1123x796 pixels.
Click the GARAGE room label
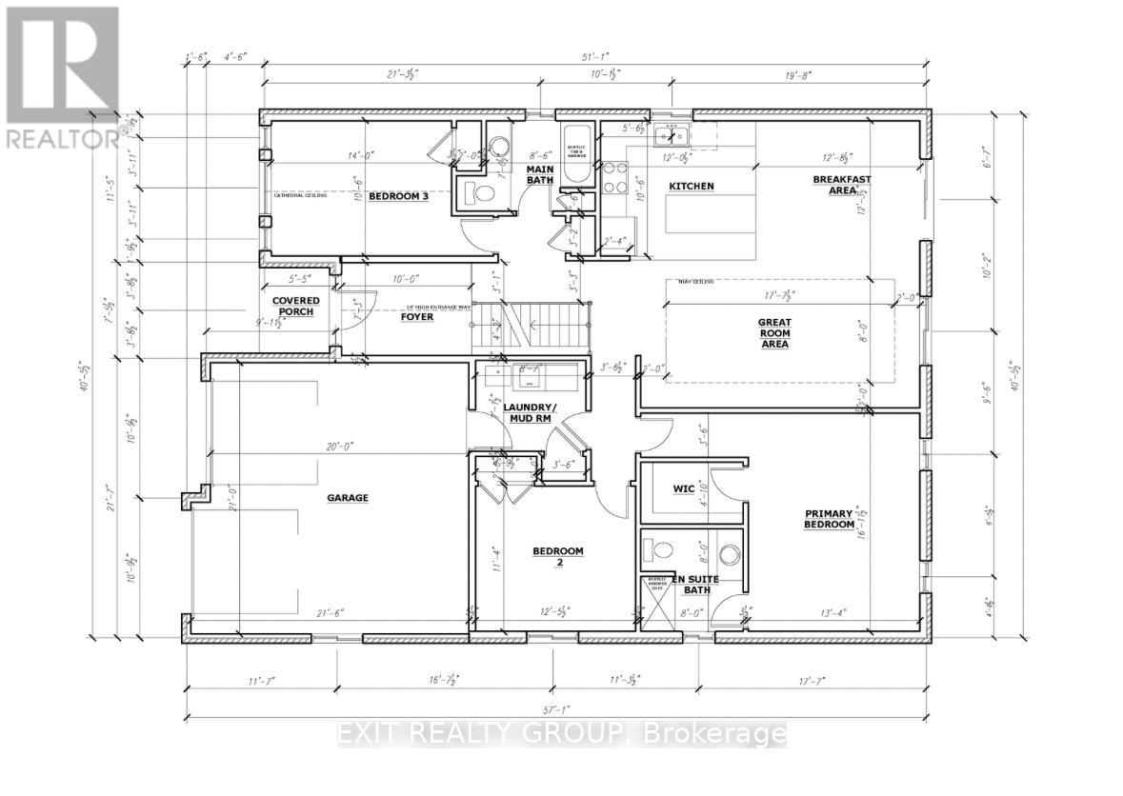tap(349, 497)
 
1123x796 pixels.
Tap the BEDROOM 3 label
tap(398, 197)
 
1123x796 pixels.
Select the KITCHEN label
tap(692, 186)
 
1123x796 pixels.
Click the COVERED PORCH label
tap(296, 307)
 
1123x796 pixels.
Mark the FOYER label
tap(416, 316)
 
